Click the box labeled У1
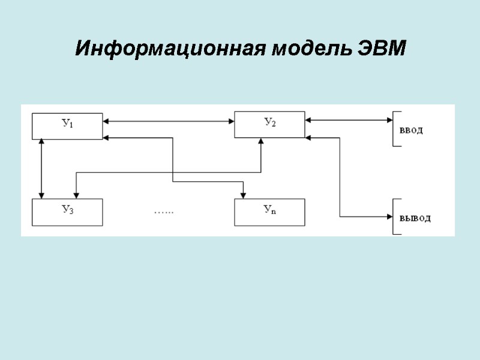click(67, 125)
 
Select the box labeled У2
click(269, 124)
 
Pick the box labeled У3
click(67, 212)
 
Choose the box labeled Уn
click(269, 212)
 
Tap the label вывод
click(415, 218)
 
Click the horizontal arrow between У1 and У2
click(168, 121)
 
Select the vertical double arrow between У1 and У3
click(41, 169)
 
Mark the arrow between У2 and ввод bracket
click(349, 121)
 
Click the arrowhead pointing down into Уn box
click(243, 195)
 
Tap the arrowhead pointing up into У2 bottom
click(261, 142)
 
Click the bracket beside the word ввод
click(394, 129)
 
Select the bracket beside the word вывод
click(394, 217)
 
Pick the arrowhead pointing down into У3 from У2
click(76, 195)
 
